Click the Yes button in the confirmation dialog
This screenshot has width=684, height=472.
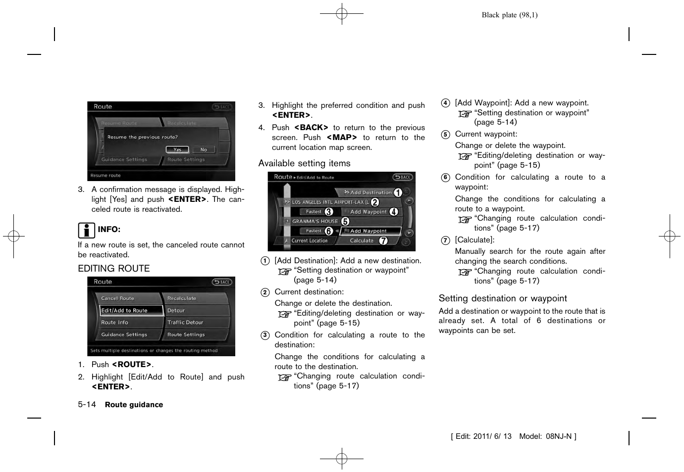(177, 149)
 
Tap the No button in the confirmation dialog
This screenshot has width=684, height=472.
(204, 149)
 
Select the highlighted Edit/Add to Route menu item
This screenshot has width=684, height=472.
(131, 310)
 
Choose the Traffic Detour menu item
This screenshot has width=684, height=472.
(185, 322)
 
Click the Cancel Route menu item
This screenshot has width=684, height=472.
(118, 298)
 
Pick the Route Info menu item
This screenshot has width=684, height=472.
(115, 322)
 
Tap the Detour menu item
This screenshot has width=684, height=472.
(176, 310)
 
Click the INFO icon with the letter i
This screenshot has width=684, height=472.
(86, 230)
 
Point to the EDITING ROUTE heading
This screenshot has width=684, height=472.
(114, 269)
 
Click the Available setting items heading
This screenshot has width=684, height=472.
(304, 163)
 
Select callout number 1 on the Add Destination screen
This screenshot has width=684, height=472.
(398, 192)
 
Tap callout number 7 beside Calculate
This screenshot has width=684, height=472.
(383, 241)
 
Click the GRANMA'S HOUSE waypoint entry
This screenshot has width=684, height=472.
(315, 221)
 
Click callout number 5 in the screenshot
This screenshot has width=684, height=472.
(345, 221)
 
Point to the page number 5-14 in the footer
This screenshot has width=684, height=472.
(87, 405)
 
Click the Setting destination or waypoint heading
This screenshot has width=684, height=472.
(503, 298)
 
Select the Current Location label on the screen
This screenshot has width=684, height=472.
(310, 241)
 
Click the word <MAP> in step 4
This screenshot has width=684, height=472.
(342, 138)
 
